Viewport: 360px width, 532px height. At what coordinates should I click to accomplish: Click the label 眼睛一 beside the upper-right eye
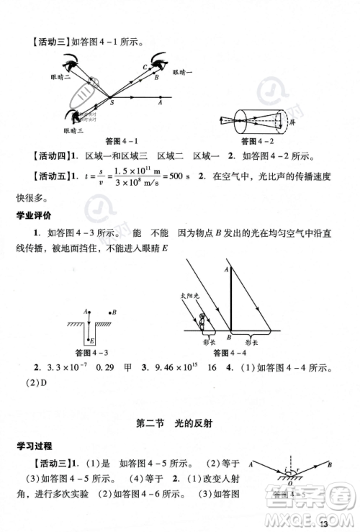pyautogui.click(x=184, y=72)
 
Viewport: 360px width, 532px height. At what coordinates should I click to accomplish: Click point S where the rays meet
pyautogui.click(x=110, y=102)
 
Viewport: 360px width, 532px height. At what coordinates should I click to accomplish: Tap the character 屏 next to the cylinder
pyautogui.click(x=292, y=123)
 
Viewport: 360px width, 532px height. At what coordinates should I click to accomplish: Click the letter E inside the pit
pyautogui.click(x=91, y=339)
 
